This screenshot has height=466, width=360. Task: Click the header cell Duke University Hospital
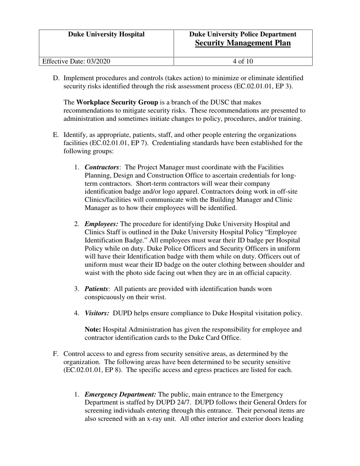(106, 34)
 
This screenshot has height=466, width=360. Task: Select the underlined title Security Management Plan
(243, 43)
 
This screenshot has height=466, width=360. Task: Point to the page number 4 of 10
(243, 61)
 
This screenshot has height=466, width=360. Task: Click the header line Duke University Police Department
(243, 34)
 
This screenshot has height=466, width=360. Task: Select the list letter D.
(56, 78)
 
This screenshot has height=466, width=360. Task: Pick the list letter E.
(56, 135)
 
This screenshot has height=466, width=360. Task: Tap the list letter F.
(56, 354)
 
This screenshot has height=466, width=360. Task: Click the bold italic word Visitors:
(97, 313)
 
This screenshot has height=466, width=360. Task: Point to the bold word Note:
(93, 330)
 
